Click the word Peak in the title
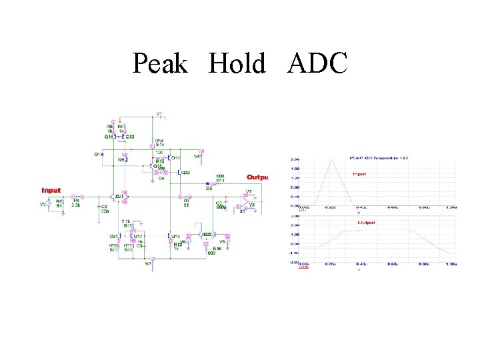[160, 64]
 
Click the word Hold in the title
[237, 64]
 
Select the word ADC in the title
[318, 64]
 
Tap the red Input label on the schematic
[51, 190]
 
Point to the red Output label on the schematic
[257, 177]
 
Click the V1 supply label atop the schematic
[159, 113]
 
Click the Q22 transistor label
[186, 172]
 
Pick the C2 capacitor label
[104, 207]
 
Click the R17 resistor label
[220, 181]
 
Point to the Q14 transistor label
[176, 158]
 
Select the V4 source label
[197, 156]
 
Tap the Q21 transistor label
[113, 235]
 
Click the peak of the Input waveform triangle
[331, 160]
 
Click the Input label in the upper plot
[359, 174]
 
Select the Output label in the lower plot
[367, 223]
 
